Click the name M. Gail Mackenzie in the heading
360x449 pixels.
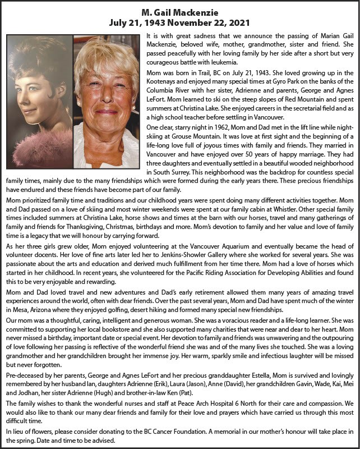coord(180,13)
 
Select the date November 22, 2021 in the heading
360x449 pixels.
coord(210,24)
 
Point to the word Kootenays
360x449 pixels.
coord(163,80)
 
